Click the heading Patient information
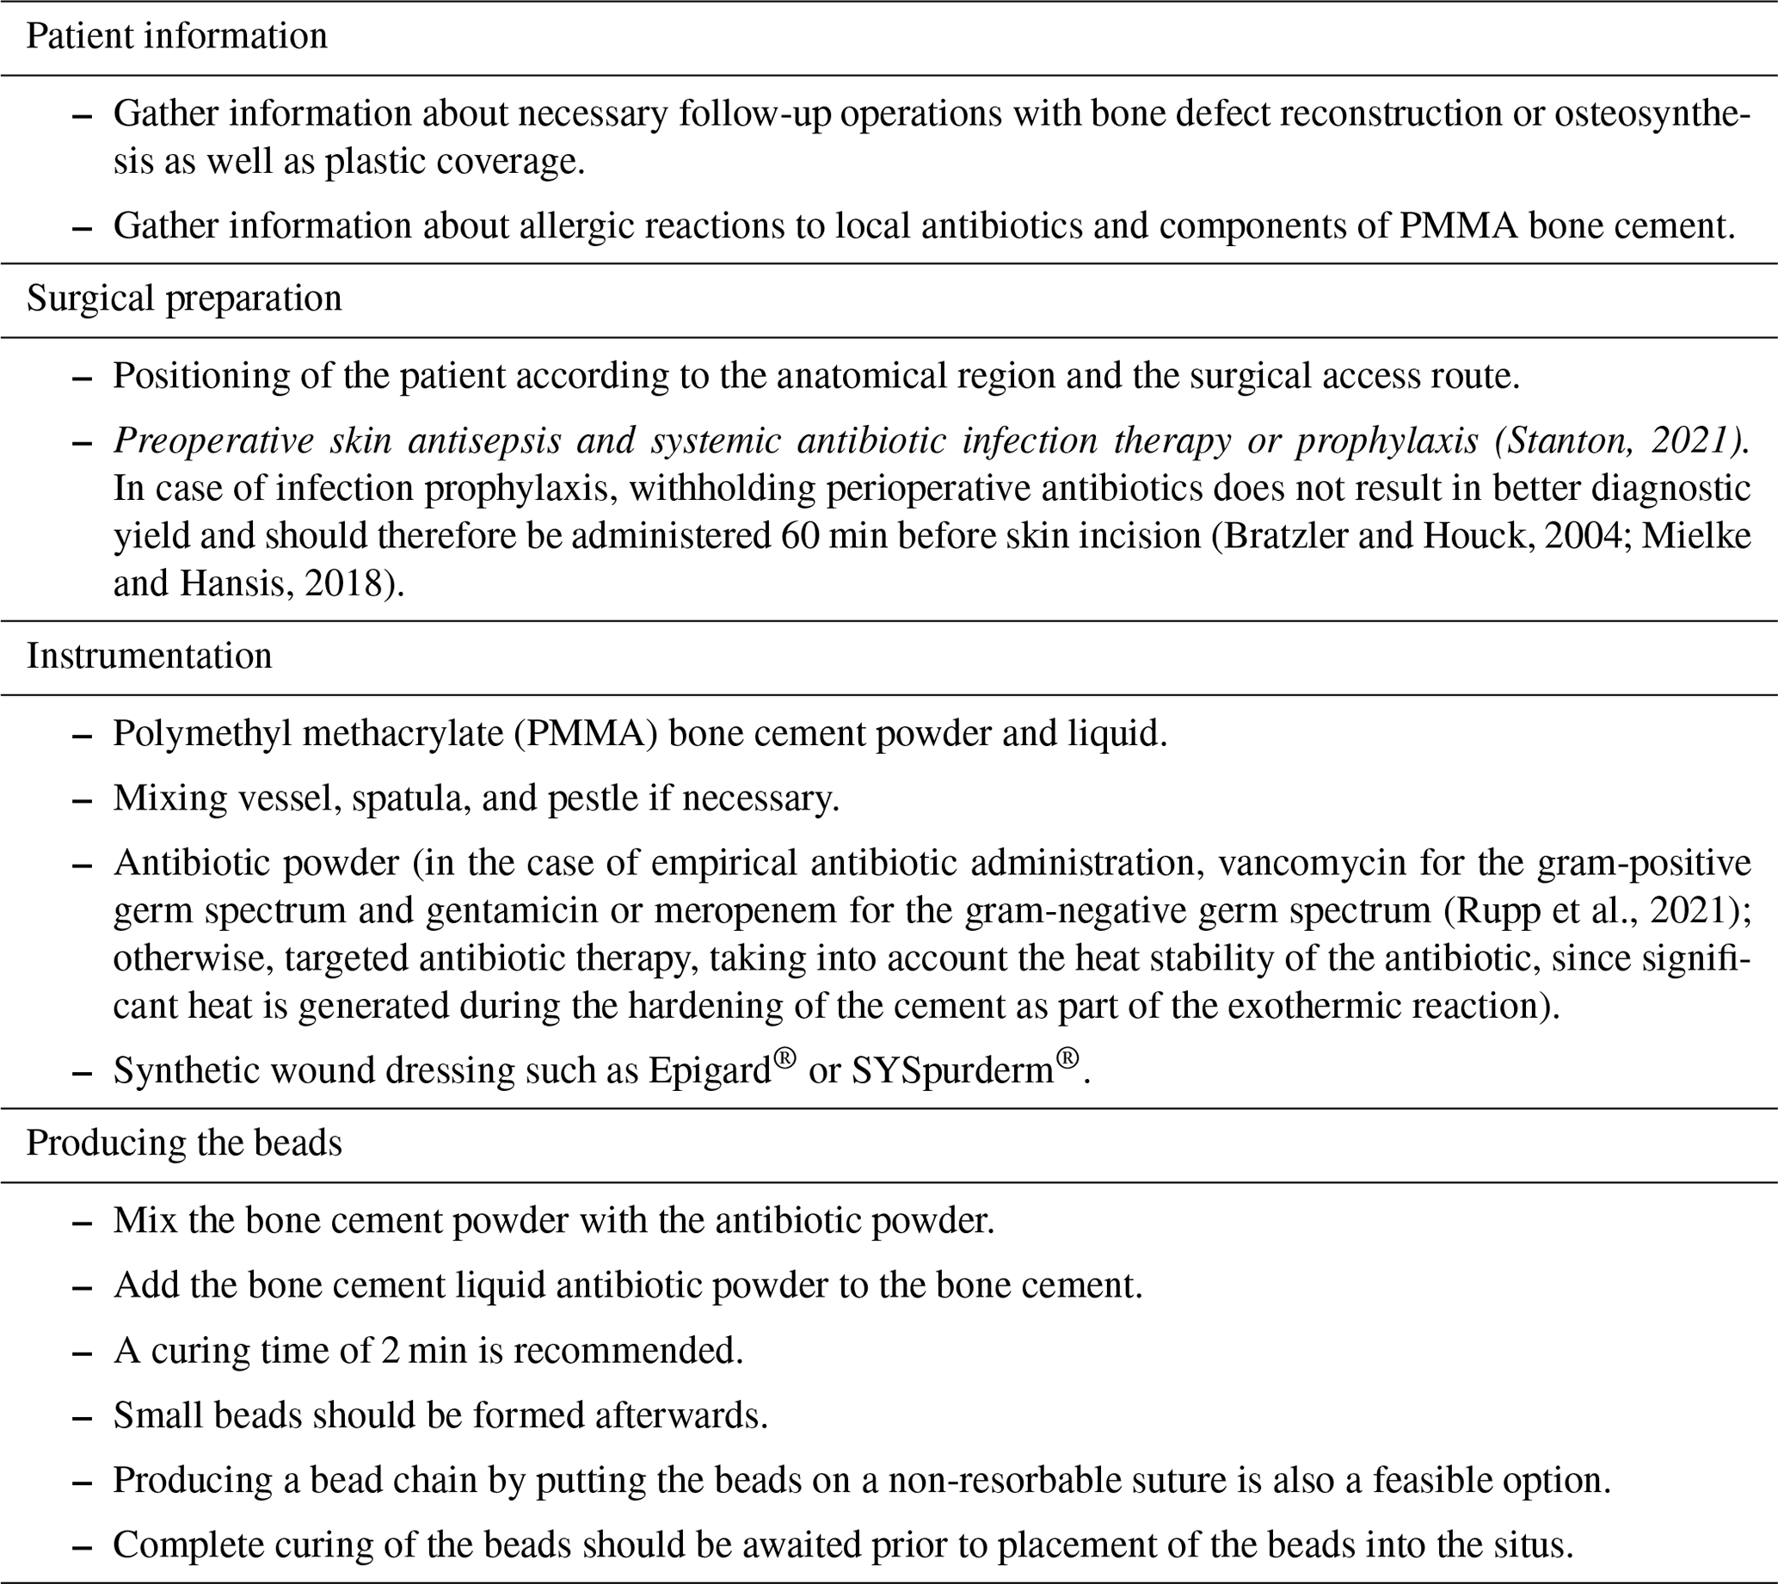pyautogui.click(x=176, y=36)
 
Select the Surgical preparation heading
pyautogui.click(x=183, y=299)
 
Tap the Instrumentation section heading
pyautogui.click(x=149, y=656)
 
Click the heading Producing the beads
pyautogui.click(x=183, y=1143)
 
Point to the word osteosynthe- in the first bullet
pyautogui.click(x=1652, y=114)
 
